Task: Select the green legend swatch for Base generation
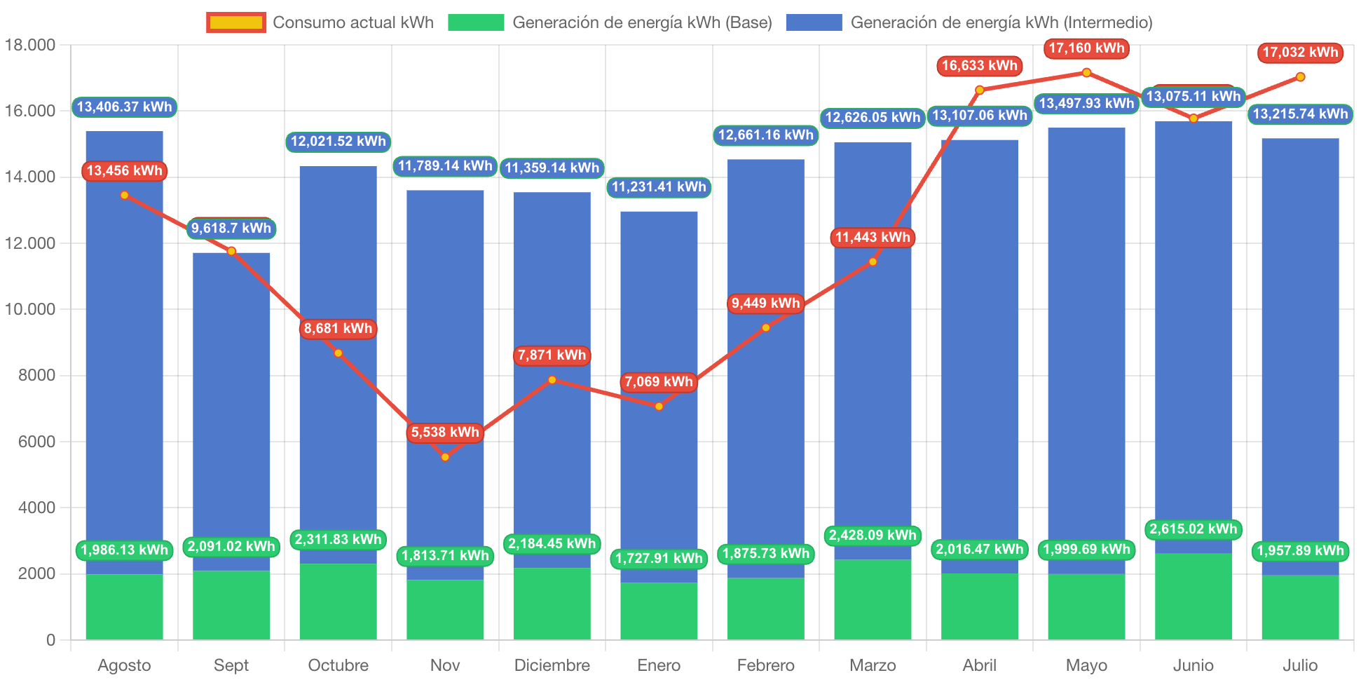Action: click(476, 22)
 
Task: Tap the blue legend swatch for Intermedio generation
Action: click(814, 22)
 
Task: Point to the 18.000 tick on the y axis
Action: click(30, 45)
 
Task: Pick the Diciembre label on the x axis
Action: click(552, 665)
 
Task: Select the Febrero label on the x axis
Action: click(766, 665)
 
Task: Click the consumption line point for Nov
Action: click(445, 457)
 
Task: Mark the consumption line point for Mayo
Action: click(1086, 72)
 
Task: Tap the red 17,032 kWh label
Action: click(1300, 53)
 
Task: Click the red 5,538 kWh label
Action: click(445, 433)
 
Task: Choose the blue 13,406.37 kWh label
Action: click(124, 107)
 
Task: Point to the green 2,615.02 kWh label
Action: click(1194, 529)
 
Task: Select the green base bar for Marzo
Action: click(873, 599)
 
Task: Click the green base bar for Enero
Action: click(659, 611)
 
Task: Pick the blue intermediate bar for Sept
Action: click(231, 407)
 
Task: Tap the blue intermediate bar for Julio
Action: click(1300, 351)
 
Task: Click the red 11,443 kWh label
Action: click(873, 238)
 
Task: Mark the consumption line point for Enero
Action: click(659, 407)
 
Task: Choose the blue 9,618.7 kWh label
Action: click(231, 229)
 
